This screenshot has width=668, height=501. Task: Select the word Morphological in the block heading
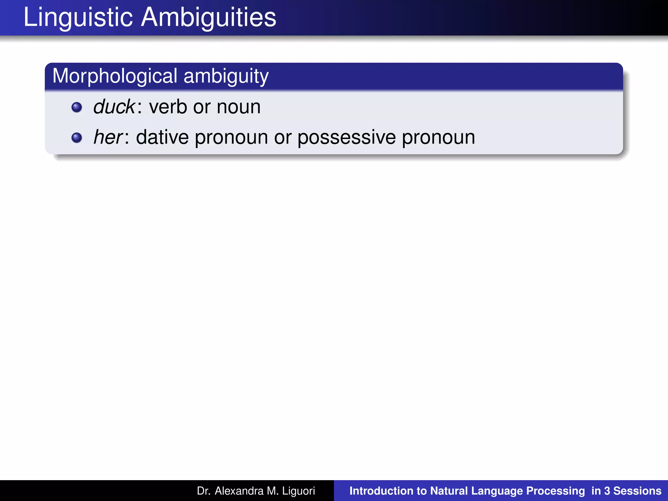(115, 76)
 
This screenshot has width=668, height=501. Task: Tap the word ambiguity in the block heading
(226, 76)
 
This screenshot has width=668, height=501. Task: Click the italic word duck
(114, 107)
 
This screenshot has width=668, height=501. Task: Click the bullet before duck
(77, 107)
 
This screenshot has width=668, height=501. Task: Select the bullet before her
(77, 137)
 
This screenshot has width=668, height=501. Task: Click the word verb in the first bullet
(168, 107)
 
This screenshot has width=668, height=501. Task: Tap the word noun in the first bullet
(239, 107)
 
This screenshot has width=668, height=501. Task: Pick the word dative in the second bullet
(162, 137)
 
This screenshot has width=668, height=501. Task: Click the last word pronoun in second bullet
(438, 137)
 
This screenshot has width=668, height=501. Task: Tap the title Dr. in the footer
(204, 491)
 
